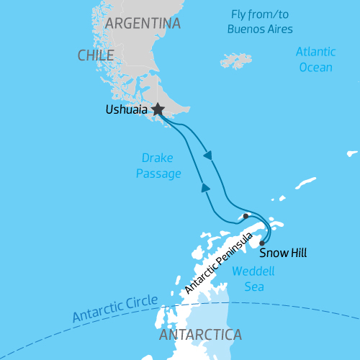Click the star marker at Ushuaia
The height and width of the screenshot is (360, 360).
(x=157, y=109)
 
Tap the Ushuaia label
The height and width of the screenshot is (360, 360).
(x=125, y=110)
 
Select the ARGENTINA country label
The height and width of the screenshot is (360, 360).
(x=143, y=24)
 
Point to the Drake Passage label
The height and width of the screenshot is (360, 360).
(x=157, y=166)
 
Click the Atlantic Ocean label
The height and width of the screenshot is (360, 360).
(x=315, y=60)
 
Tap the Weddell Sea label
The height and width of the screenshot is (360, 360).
(x=249, y=279)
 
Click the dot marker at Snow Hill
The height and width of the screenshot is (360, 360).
(x=262, y=243)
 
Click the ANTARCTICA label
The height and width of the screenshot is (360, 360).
(x=200, y=336)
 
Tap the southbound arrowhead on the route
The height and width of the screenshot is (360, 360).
(x=208, y=155)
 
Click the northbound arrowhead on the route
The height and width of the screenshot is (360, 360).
(x=205, y=188)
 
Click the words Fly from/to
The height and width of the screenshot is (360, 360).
(x=259, y=14)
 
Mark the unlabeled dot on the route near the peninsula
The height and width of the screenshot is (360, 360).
(x=246, y=215)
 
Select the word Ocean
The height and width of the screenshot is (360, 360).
(x=315, y=68)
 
